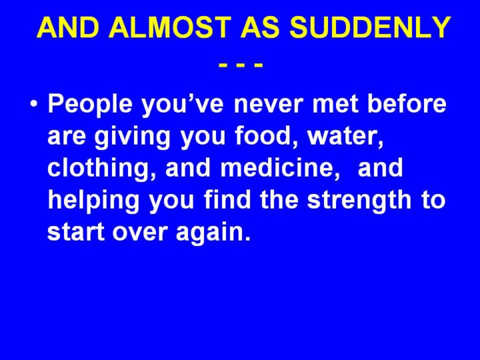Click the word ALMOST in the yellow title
tap(169, 27)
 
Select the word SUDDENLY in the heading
tap(370, 27)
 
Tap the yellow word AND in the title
tap(68, 27)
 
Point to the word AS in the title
tap(260, 27)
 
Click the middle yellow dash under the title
tap(241, 65)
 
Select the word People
tap(90, 105)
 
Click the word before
tap(407, 104)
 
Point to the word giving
tap(132, 137)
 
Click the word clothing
tap(101, 169)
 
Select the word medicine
tap(280, 169)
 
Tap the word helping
tap(93, 201)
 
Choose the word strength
tap(359, 201)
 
